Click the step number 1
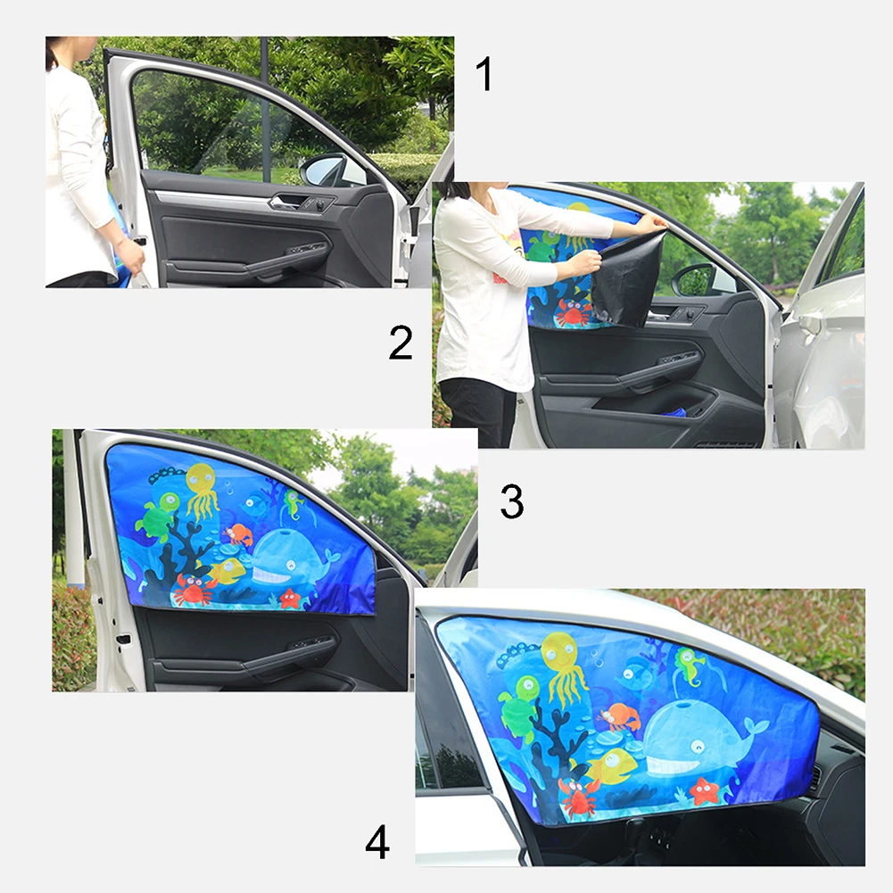click(x=484, y=75)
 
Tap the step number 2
click(x=401, y=343)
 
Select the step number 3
click(x=511, y=501)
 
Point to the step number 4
click(x=377, y=842)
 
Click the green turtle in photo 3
click(x=158, y=515)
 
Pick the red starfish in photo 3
click(x=289, y=598)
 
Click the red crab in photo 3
click(x=194, y=589)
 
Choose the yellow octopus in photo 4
click(x=565, y=666)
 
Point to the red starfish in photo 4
click(x=704, y=790)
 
